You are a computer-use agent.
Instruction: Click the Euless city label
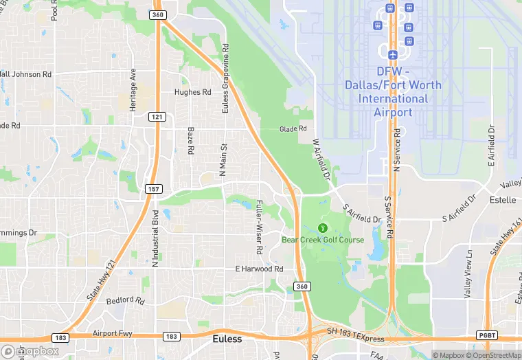pyautogui.click(x=227, y=339)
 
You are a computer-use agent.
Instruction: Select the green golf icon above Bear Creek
pyautogui.click(x=323, y=227)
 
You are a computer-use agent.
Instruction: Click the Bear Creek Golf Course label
pyautogui.click(x=323, y=240)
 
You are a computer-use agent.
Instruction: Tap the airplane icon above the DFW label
pyautogui.click(x=392, y=54)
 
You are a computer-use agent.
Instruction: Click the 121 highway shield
pyautogui.click(x=157, y=117)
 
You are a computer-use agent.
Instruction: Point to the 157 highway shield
pyautogui.click(x=152, y=188)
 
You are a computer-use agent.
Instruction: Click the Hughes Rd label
pyautogui.click(x=192, y=92)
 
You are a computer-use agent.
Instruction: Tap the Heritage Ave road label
pyautogui.click(x=133, y=89)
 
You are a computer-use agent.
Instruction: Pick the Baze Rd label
pyautogui.click(x=190, y=140)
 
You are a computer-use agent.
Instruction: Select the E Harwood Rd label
pyautogui.click(x=259, y=269)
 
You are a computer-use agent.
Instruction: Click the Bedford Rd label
pyautogui.click(x=126, y=301)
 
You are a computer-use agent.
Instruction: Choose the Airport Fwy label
pyautogui.click(x=112, y=333)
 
